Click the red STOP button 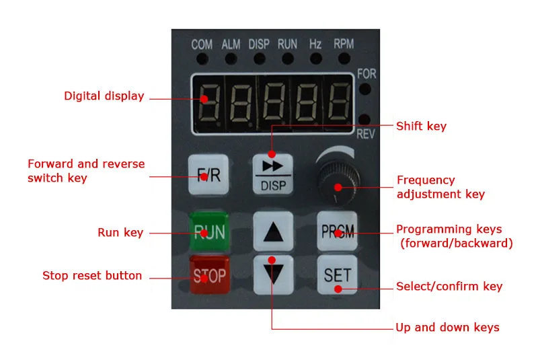(x=209, y=275)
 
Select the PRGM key (x=338, y=231)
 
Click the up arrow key (x=272, y=231)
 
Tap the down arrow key (x=272, y=275)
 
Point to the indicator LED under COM (x=202, y=59)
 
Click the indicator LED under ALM (x=231, y=59)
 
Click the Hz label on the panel (x=315, y=44)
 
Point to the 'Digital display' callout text (x=104, y=96)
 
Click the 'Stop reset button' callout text (x=92, y=275)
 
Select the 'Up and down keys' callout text (x=447, y=328)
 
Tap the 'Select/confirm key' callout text (x=449, y=287)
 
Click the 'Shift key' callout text (x=421, y=126)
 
